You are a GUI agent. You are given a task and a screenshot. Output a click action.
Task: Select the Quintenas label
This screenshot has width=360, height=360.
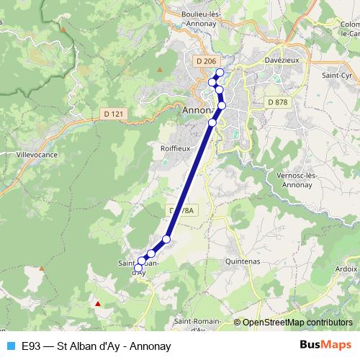pyautogui.click(x=242, y=261)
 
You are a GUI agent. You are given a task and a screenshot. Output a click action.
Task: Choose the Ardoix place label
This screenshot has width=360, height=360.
pyautogui.click(x=346, y=268)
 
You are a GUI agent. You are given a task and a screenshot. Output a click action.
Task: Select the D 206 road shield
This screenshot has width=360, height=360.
pyautogui.click(x=205, y=62)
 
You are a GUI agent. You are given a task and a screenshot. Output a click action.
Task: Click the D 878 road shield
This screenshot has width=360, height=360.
pyautogui.click(x=277, y=102)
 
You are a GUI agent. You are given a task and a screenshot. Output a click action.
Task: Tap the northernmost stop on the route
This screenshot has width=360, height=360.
pyautogui.click(x=220, y=72)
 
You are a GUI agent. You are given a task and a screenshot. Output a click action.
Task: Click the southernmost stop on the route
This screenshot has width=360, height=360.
pyautogui.click(x=138, y=268)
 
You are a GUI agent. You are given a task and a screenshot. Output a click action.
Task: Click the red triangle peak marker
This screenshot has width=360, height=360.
pyautogui.click(x=98, y=303)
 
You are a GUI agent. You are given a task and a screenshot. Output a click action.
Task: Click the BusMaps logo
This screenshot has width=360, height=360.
pyautogui.click(x=325, y=345)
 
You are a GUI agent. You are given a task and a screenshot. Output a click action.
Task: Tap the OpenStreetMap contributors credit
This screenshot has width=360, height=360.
pyautogui.click(x=297, y=323)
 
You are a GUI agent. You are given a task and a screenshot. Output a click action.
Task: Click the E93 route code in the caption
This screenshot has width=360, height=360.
pyautogui.click(x=32, y=346)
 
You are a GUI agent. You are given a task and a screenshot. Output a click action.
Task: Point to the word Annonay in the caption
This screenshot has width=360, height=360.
pyautogui.click(x=150, y=346)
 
